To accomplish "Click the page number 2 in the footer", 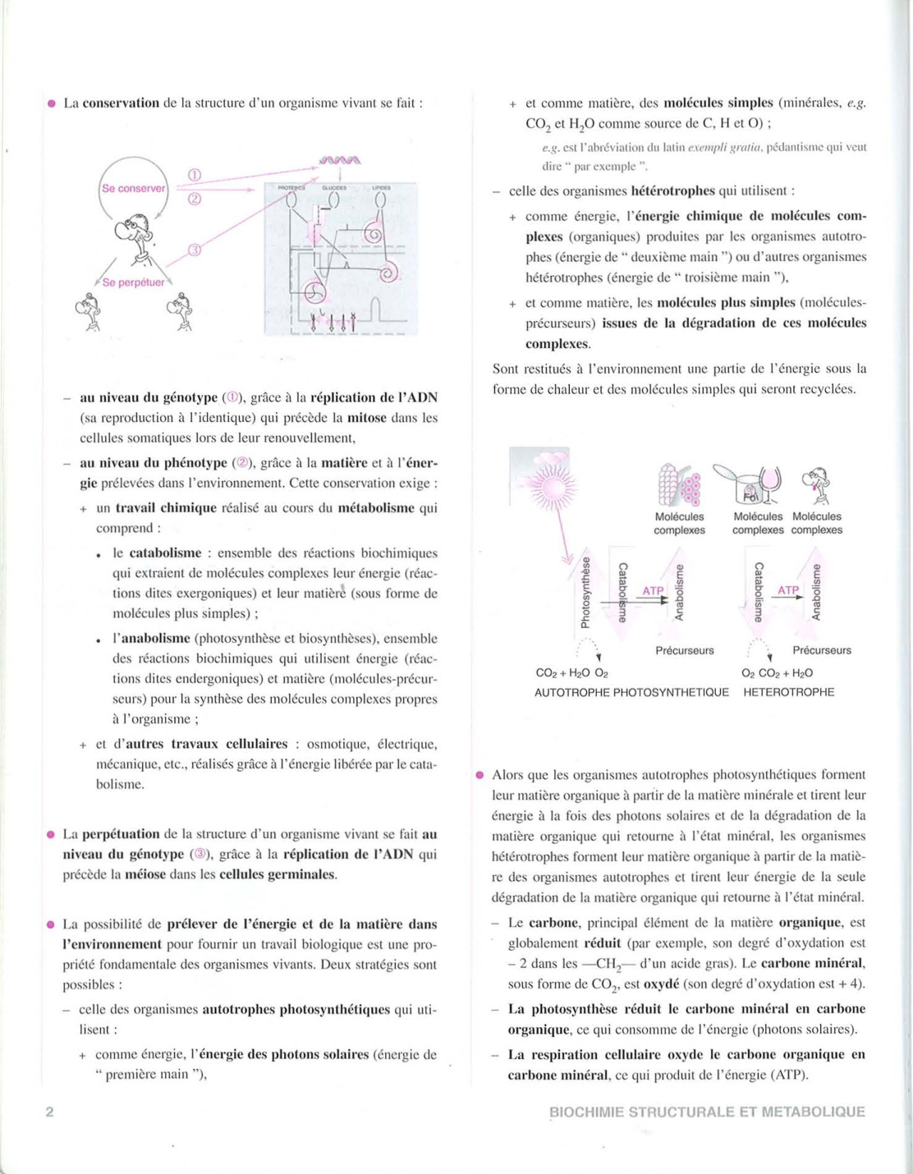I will (x=49, y=1112).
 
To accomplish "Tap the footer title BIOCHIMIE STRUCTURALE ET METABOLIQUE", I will (x=707, y=1112).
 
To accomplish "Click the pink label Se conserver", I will (x=133, y=188).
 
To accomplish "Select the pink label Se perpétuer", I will (x=133, y=282).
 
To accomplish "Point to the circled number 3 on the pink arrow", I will (x=195, y=250).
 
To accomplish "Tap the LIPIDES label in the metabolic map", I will (x=381, y=188).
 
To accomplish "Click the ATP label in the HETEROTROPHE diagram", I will (x=787, y=590).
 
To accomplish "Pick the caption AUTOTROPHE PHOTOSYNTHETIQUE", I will (x=631, y=692).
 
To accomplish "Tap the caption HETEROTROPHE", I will (x=788, y=692).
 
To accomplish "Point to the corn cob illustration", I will (x=669, y=484).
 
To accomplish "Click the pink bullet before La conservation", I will (x=51, y=103).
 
